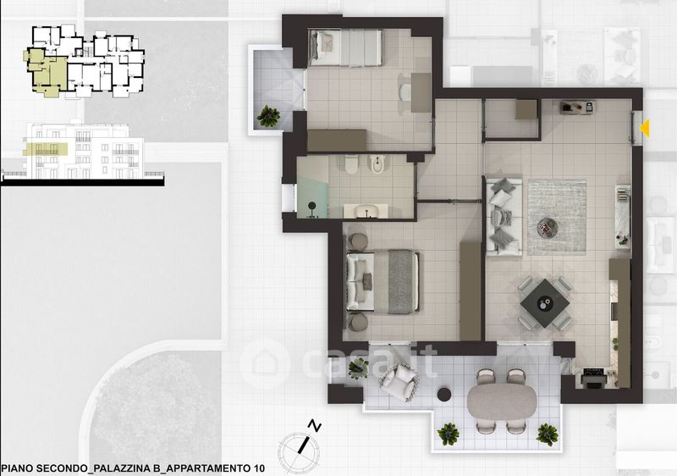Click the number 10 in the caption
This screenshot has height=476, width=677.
(x=257, y=468)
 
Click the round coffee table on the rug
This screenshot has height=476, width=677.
(x=548, y=227)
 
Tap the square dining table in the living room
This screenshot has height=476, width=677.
(x=545, y=303)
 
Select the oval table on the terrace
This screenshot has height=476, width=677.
(x=502, y=401)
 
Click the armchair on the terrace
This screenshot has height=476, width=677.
(x=399, y=382)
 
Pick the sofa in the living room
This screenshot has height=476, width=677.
(x=504, y=215)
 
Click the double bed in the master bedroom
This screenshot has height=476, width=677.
(x=383, y=281)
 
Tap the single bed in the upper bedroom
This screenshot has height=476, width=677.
(x=345, y=47)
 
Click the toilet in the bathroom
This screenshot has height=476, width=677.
(x=352, y=164)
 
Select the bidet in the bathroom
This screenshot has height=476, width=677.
(x=377, y=164)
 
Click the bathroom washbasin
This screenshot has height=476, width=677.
(x=366, y=212)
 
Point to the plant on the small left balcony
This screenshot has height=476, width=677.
(x=268, y=116)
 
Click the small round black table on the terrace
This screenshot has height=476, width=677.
(x=444, y=395)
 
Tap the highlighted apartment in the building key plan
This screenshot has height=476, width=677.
(x=47, y=71)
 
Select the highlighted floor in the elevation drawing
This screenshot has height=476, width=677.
(x=46, y=149)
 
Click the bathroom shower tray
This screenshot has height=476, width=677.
(x=312, y=186)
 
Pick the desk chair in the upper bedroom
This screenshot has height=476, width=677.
(x=405, y=91)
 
